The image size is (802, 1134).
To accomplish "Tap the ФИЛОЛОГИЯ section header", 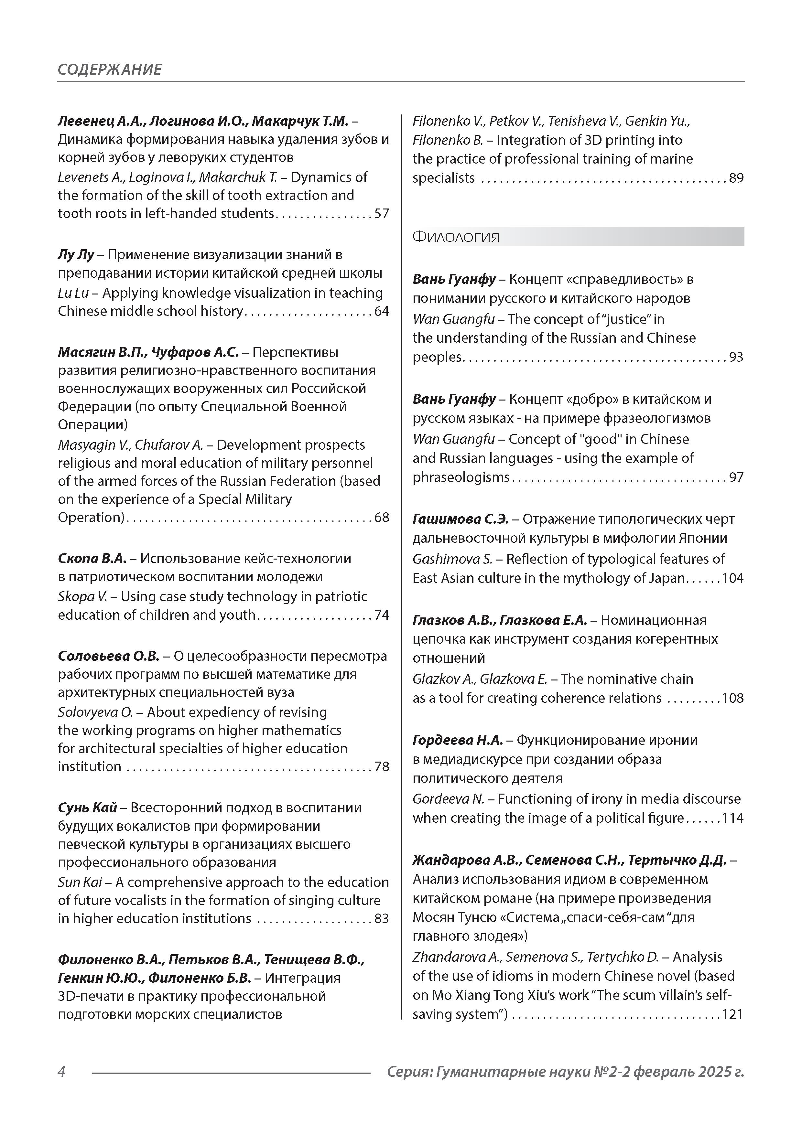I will point(456,237).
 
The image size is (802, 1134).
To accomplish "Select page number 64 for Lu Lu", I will point(382,311).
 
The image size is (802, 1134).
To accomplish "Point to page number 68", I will point(382,517).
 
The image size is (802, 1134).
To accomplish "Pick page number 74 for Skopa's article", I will point(382,615).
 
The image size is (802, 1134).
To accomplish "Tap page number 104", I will point(732,578).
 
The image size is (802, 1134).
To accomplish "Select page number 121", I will point(732,1014).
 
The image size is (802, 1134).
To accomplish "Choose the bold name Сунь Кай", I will point(87,808).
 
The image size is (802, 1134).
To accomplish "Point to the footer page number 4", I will point(62,1072).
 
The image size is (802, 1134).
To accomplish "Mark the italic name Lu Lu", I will point(73,293).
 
